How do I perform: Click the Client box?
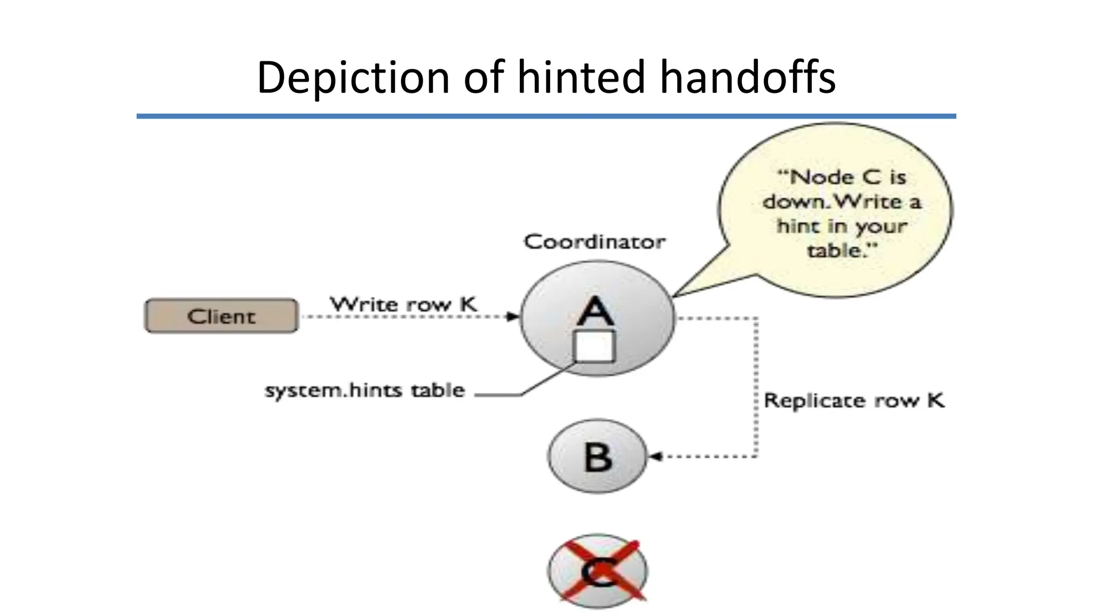[221, 316]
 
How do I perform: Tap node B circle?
[597, 456]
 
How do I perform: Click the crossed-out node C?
[598, 571]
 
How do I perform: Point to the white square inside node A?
[594, 346]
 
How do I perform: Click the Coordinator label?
[595, 242]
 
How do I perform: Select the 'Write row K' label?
[403, 304]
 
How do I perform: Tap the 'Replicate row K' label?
[854, 400]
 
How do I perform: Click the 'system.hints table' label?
[365, 390]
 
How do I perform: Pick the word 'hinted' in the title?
[582, 77]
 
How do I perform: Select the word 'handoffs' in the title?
[748, 77]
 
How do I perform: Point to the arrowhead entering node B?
[654, 456]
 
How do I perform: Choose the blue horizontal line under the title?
[546, 116]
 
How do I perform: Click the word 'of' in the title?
[484, 77]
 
